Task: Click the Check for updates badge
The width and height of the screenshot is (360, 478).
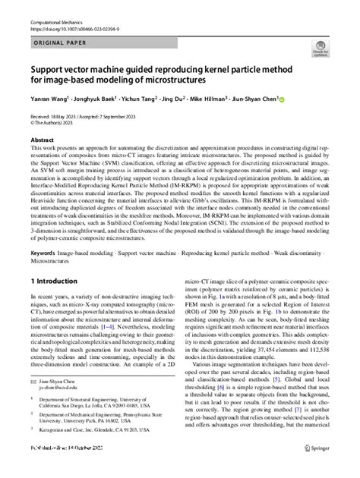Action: click(318, 52)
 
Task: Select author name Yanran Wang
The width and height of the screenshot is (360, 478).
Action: click(48, 99)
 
